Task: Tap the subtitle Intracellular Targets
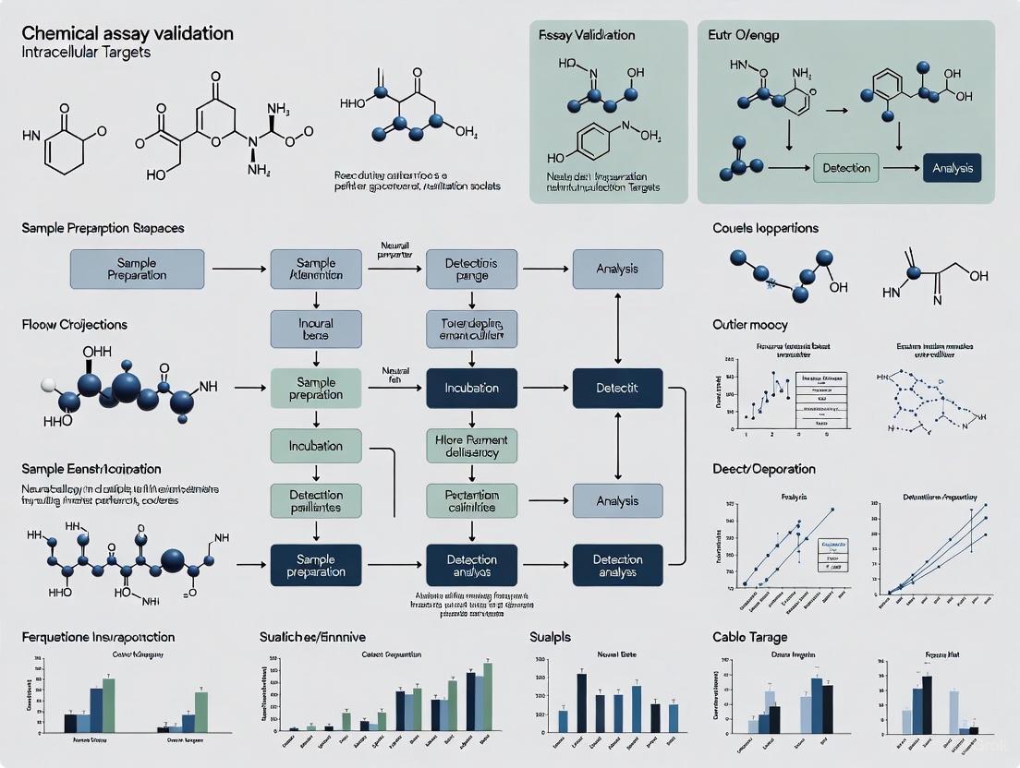[84, 53]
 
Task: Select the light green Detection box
[846, 168]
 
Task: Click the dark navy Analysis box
[952, 168]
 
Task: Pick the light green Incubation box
[317, 446]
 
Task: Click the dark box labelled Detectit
[617, 388]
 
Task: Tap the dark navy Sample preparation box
[317, 565]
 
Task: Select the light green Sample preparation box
[317, 388]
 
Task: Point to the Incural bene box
[317, 329]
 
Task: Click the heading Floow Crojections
[76, 325]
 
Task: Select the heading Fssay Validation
[587, 35]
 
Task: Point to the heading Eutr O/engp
[750, 35]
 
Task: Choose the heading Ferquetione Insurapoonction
[99, 637]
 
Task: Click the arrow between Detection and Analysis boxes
[901, 168]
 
